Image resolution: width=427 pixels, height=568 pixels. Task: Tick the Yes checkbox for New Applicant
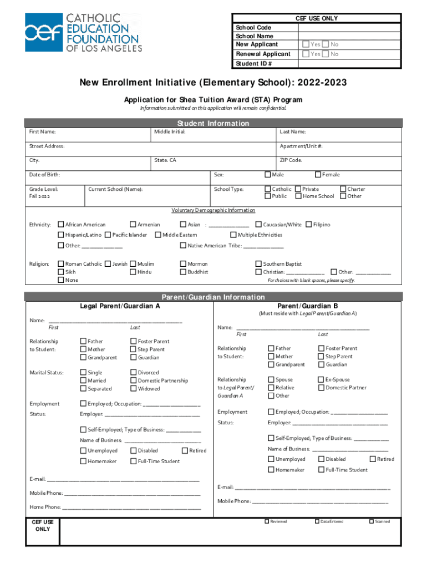(x=306, y=44)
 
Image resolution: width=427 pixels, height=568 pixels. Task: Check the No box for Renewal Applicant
(x=326, y=54)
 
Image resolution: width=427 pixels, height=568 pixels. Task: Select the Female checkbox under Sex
(x=318, y=175)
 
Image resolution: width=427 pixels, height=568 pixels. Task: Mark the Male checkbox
(x=268, y=175)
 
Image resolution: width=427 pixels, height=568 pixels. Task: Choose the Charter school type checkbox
(x=343, y=189)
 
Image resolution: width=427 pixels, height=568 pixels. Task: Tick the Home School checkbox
(x=298, y=196)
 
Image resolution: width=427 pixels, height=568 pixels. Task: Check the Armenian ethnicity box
(x=133, y=225)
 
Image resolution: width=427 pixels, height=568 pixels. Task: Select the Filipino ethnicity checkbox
(x=309, y=225)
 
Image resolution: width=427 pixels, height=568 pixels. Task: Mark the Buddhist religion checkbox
(x=183, y=272)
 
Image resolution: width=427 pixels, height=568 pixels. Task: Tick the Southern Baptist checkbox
(x=258, y=264)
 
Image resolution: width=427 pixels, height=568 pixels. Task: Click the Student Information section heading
(x=213, y=123)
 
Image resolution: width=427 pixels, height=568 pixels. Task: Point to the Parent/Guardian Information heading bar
(x=213, y=297)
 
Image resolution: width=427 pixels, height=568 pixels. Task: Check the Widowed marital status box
(x=133, y=389)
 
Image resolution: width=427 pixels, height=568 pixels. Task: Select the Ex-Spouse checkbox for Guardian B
(x=321, y=380)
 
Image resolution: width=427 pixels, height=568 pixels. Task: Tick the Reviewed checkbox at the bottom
(x=266, y=521)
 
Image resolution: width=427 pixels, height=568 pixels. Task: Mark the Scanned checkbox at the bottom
(x=371, y=521)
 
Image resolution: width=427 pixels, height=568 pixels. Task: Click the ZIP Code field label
(x=291, y=160)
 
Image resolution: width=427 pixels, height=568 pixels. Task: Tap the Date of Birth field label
(x=44, y=175)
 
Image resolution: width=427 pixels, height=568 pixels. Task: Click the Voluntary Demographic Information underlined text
(x=213, y=210)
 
